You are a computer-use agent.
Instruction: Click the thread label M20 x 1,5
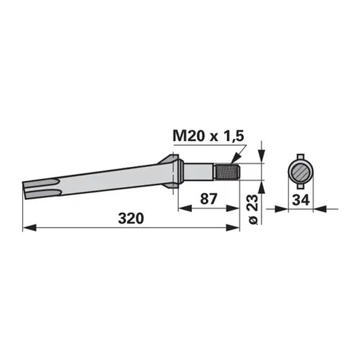coord(208,136)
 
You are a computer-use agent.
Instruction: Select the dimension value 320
coord(131,218)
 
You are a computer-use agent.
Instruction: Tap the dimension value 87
coord(208,199)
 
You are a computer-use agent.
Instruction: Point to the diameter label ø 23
coord(253,209)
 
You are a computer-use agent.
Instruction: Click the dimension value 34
coord(301,200)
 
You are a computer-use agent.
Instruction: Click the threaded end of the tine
coord(227,172)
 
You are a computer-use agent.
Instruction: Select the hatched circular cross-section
coord(301,172)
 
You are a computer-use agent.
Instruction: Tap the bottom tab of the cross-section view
coord(301,187)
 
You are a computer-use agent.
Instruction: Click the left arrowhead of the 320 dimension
coord(29,228)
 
